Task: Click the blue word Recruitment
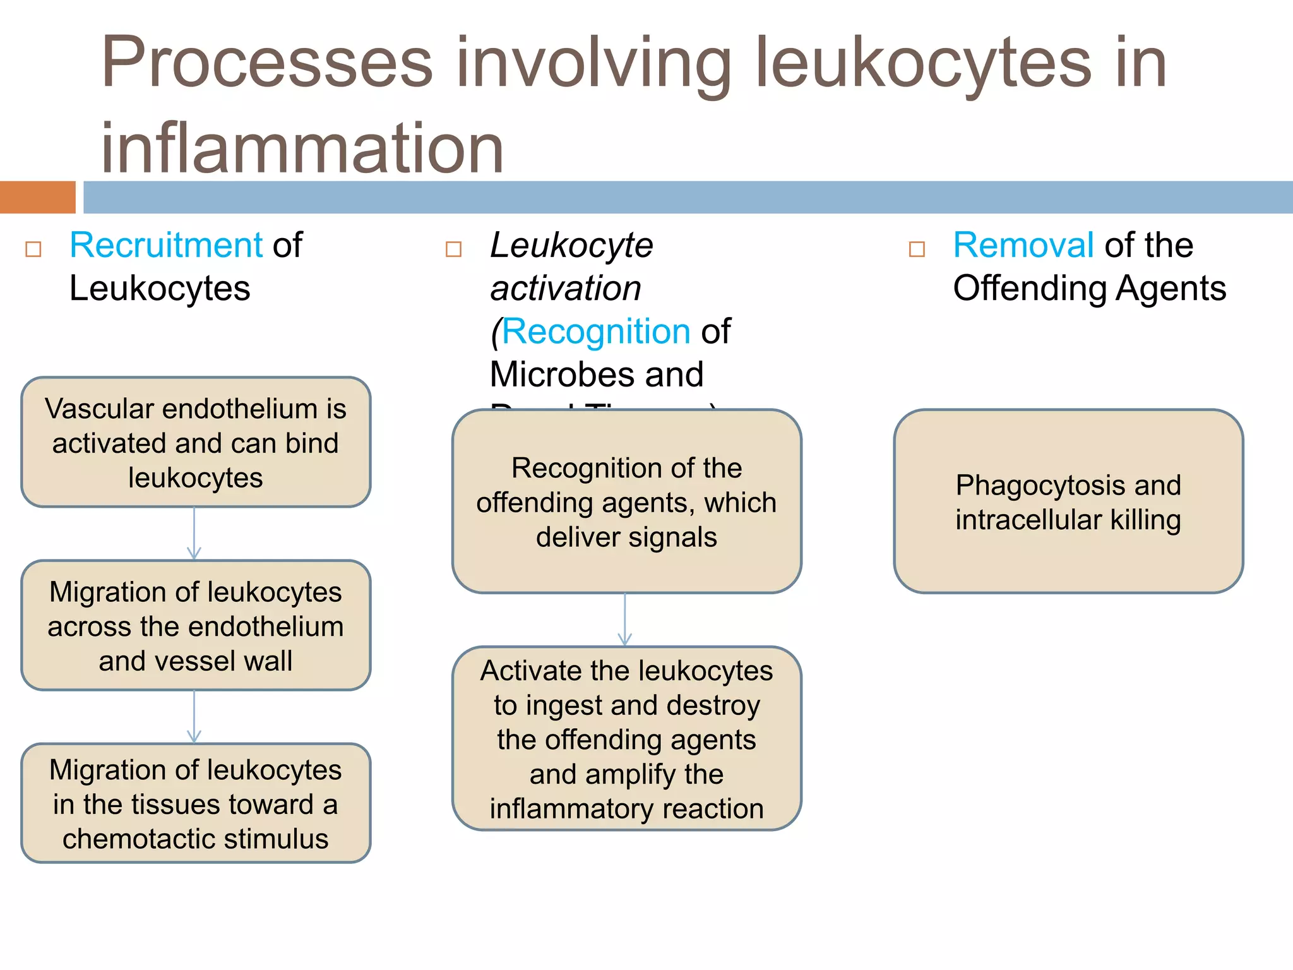point(165,245)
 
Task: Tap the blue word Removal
point(1023,245)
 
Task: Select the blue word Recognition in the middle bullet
point(596,332)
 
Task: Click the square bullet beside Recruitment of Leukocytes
point(33,249)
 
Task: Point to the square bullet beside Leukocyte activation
point(453,249)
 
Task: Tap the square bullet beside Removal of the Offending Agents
point(917,249)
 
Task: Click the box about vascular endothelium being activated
point(196,442)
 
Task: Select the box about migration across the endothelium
point(196,625)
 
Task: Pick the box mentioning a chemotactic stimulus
point(196,803)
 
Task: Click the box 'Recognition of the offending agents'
point(626,501)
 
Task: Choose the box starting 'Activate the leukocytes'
point(626,738)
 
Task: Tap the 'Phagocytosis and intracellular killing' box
point(1068,501)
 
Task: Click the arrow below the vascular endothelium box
point(194,534)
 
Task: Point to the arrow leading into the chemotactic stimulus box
point(194,717)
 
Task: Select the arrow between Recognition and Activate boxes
point(625,620)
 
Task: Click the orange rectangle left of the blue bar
point(38,197)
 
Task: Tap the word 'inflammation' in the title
point(302,148)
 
